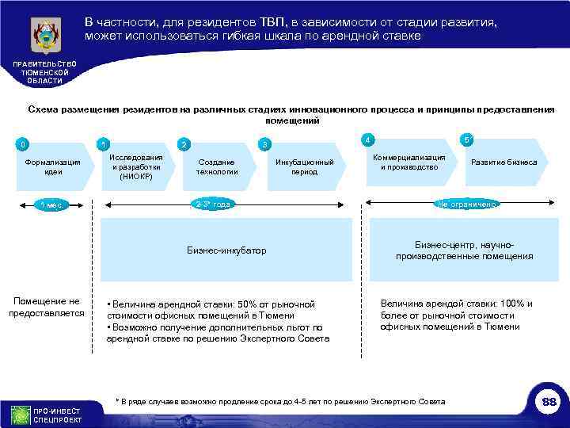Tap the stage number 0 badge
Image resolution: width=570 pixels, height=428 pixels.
point(25,144)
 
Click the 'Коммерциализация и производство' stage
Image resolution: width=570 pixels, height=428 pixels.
point(409,162)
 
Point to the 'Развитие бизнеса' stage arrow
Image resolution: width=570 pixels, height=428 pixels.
point(504,162)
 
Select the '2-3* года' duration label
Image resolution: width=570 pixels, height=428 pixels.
point(213,204)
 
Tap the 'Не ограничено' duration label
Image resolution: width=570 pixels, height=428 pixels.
point(467,204)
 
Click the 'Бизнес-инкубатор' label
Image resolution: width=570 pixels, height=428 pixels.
point(226,250)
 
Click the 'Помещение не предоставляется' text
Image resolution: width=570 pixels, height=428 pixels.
point(47,307)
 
